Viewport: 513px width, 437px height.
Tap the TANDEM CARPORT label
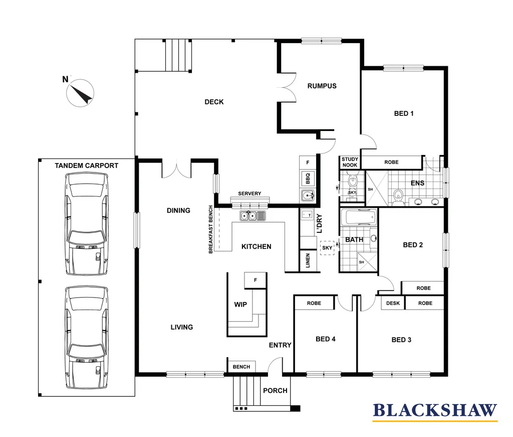coord(87,166)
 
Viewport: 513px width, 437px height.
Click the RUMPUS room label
coord(322,86)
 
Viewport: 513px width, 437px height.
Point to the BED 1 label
coord(404,113)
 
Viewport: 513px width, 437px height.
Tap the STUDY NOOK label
coord(350,162)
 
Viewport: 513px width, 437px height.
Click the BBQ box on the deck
coord(308,179)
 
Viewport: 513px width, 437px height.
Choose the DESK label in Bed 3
coord(393,303)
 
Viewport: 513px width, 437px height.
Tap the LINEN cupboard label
coord(308,261)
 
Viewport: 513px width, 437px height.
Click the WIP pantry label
coord(240,305)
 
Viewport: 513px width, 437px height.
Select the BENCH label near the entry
coord(241,367)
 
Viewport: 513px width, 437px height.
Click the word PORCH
coord(275,390)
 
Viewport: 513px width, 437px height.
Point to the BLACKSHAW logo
coord(435,411)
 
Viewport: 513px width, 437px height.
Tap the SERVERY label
coord(249,194)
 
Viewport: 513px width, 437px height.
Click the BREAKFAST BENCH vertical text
coord(211,229)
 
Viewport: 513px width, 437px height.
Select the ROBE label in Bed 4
coord(314,303)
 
